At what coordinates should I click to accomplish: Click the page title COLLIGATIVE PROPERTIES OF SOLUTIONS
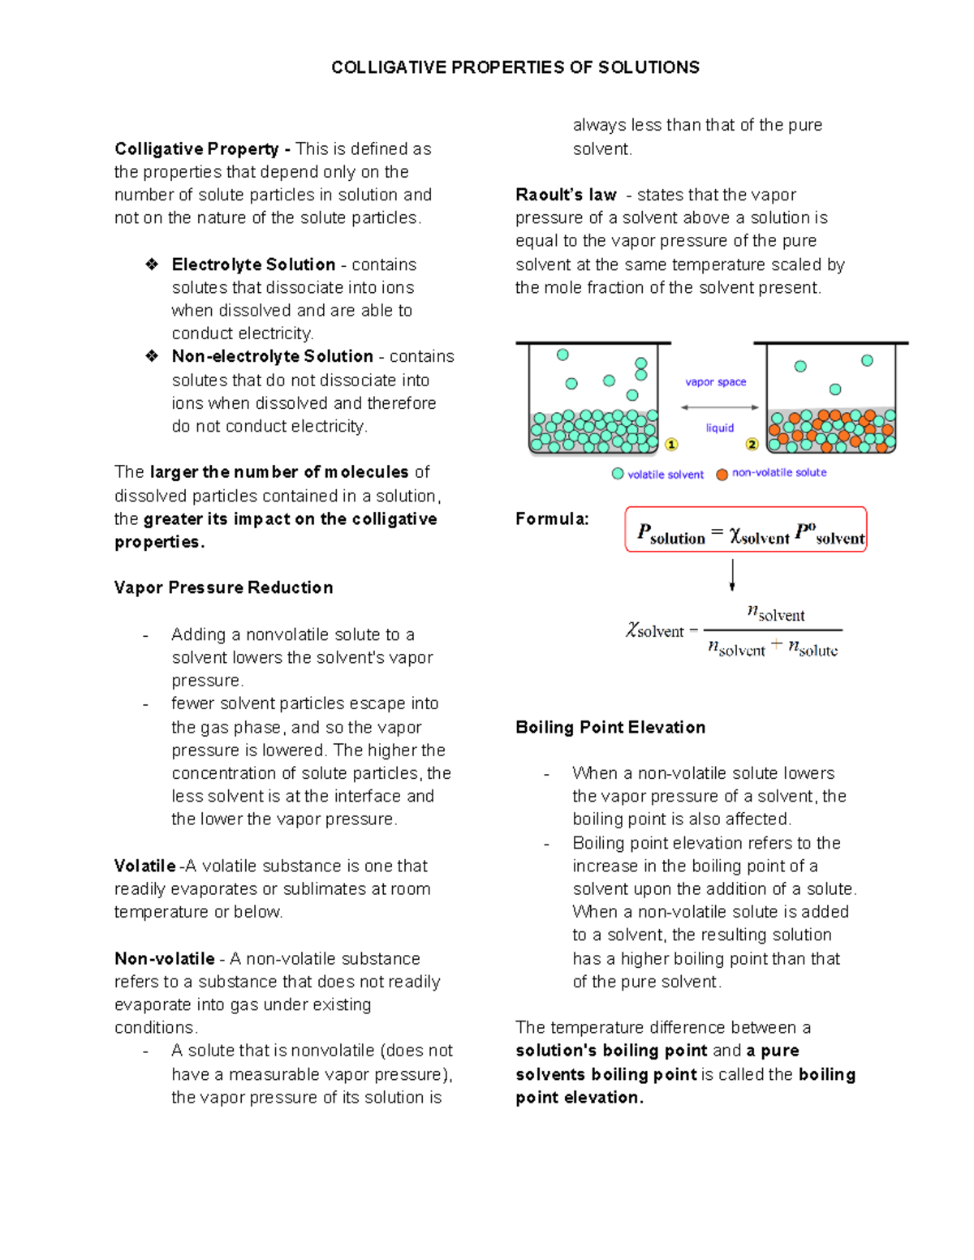pyautogui.click(x=515, y=67)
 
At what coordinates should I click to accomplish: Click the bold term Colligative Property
pyautogui.click(x=196, y=149)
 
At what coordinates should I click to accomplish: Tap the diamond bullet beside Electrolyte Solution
pyautogui.click(x=152, y=264)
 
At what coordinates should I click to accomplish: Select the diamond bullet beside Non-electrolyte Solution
pyautogui.click(x=152, y=355)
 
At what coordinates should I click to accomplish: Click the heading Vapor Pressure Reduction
pyautogui.click(x=223, y=587)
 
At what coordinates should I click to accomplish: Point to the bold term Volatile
pyautogui.click(x=144, y=866)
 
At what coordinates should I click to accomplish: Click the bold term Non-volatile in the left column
pyautogui.click(x=165, y=958)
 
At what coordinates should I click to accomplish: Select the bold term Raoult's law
pyautogui.click(x=566, y=195)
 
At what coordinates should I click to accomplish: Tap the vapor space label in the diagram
pyautogui.click(x=715, y=382)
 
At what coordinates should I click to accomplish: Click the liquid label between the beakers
pyautogui.click(x=719, y=428)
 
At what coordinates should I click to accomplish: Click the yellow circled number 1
pyautogui.click(x=671, y=445)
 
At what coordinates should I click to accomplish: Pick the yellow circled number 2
pyautogui.click(x=752, y=445)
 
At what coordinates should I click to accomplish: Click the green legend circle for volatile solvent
pyautogui.click(x=618, y=474)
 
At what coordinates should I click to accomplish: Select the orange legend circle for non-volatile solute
pyautogui.click(x=722, y=474)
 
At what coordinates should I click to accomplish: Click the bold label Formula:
pyautogui.click(x=552, y=519)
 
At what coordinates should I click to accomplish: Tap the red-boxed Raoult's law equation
pyautogui.click(x=746, y=530)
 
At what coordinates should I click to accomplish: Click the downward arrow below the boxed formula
pyautogui.click(x=732, y=574)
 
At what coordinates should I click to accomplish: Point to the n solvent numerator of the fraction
pyautogui.click(x=775, y=614)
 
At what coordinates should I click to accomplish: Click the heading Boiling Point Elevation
pyautogui.click(x=610, y=727)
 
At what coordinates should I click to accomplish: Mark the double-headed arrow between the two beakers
pyautogui.click(x=720, y=407)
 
